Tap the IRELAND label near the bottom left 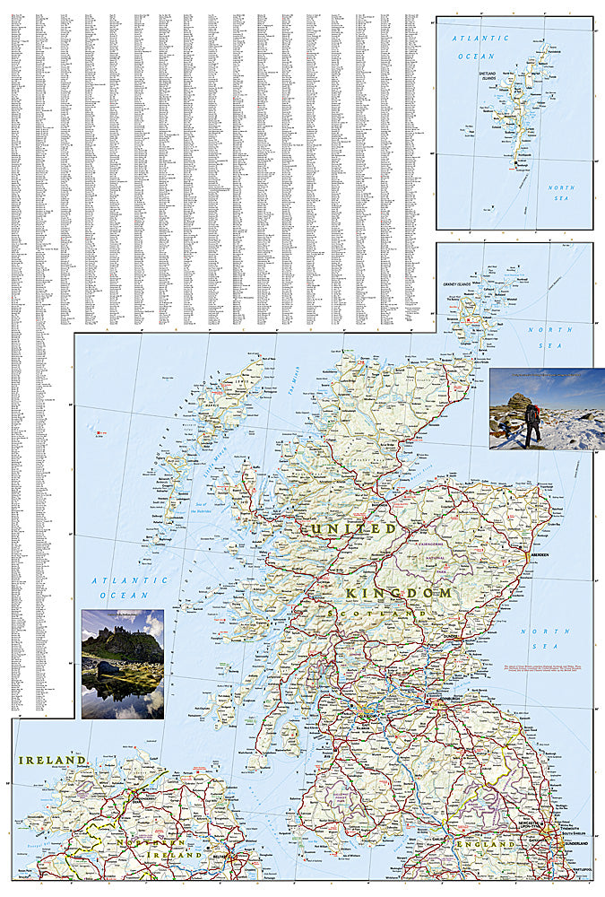(53, 760)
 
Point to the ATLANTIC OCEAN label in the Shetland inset (480, 47)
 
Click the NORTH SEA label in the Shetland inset (561, 193)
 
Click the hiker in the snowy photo (532, 423)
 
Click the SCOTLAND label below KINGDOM (367, 614)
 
